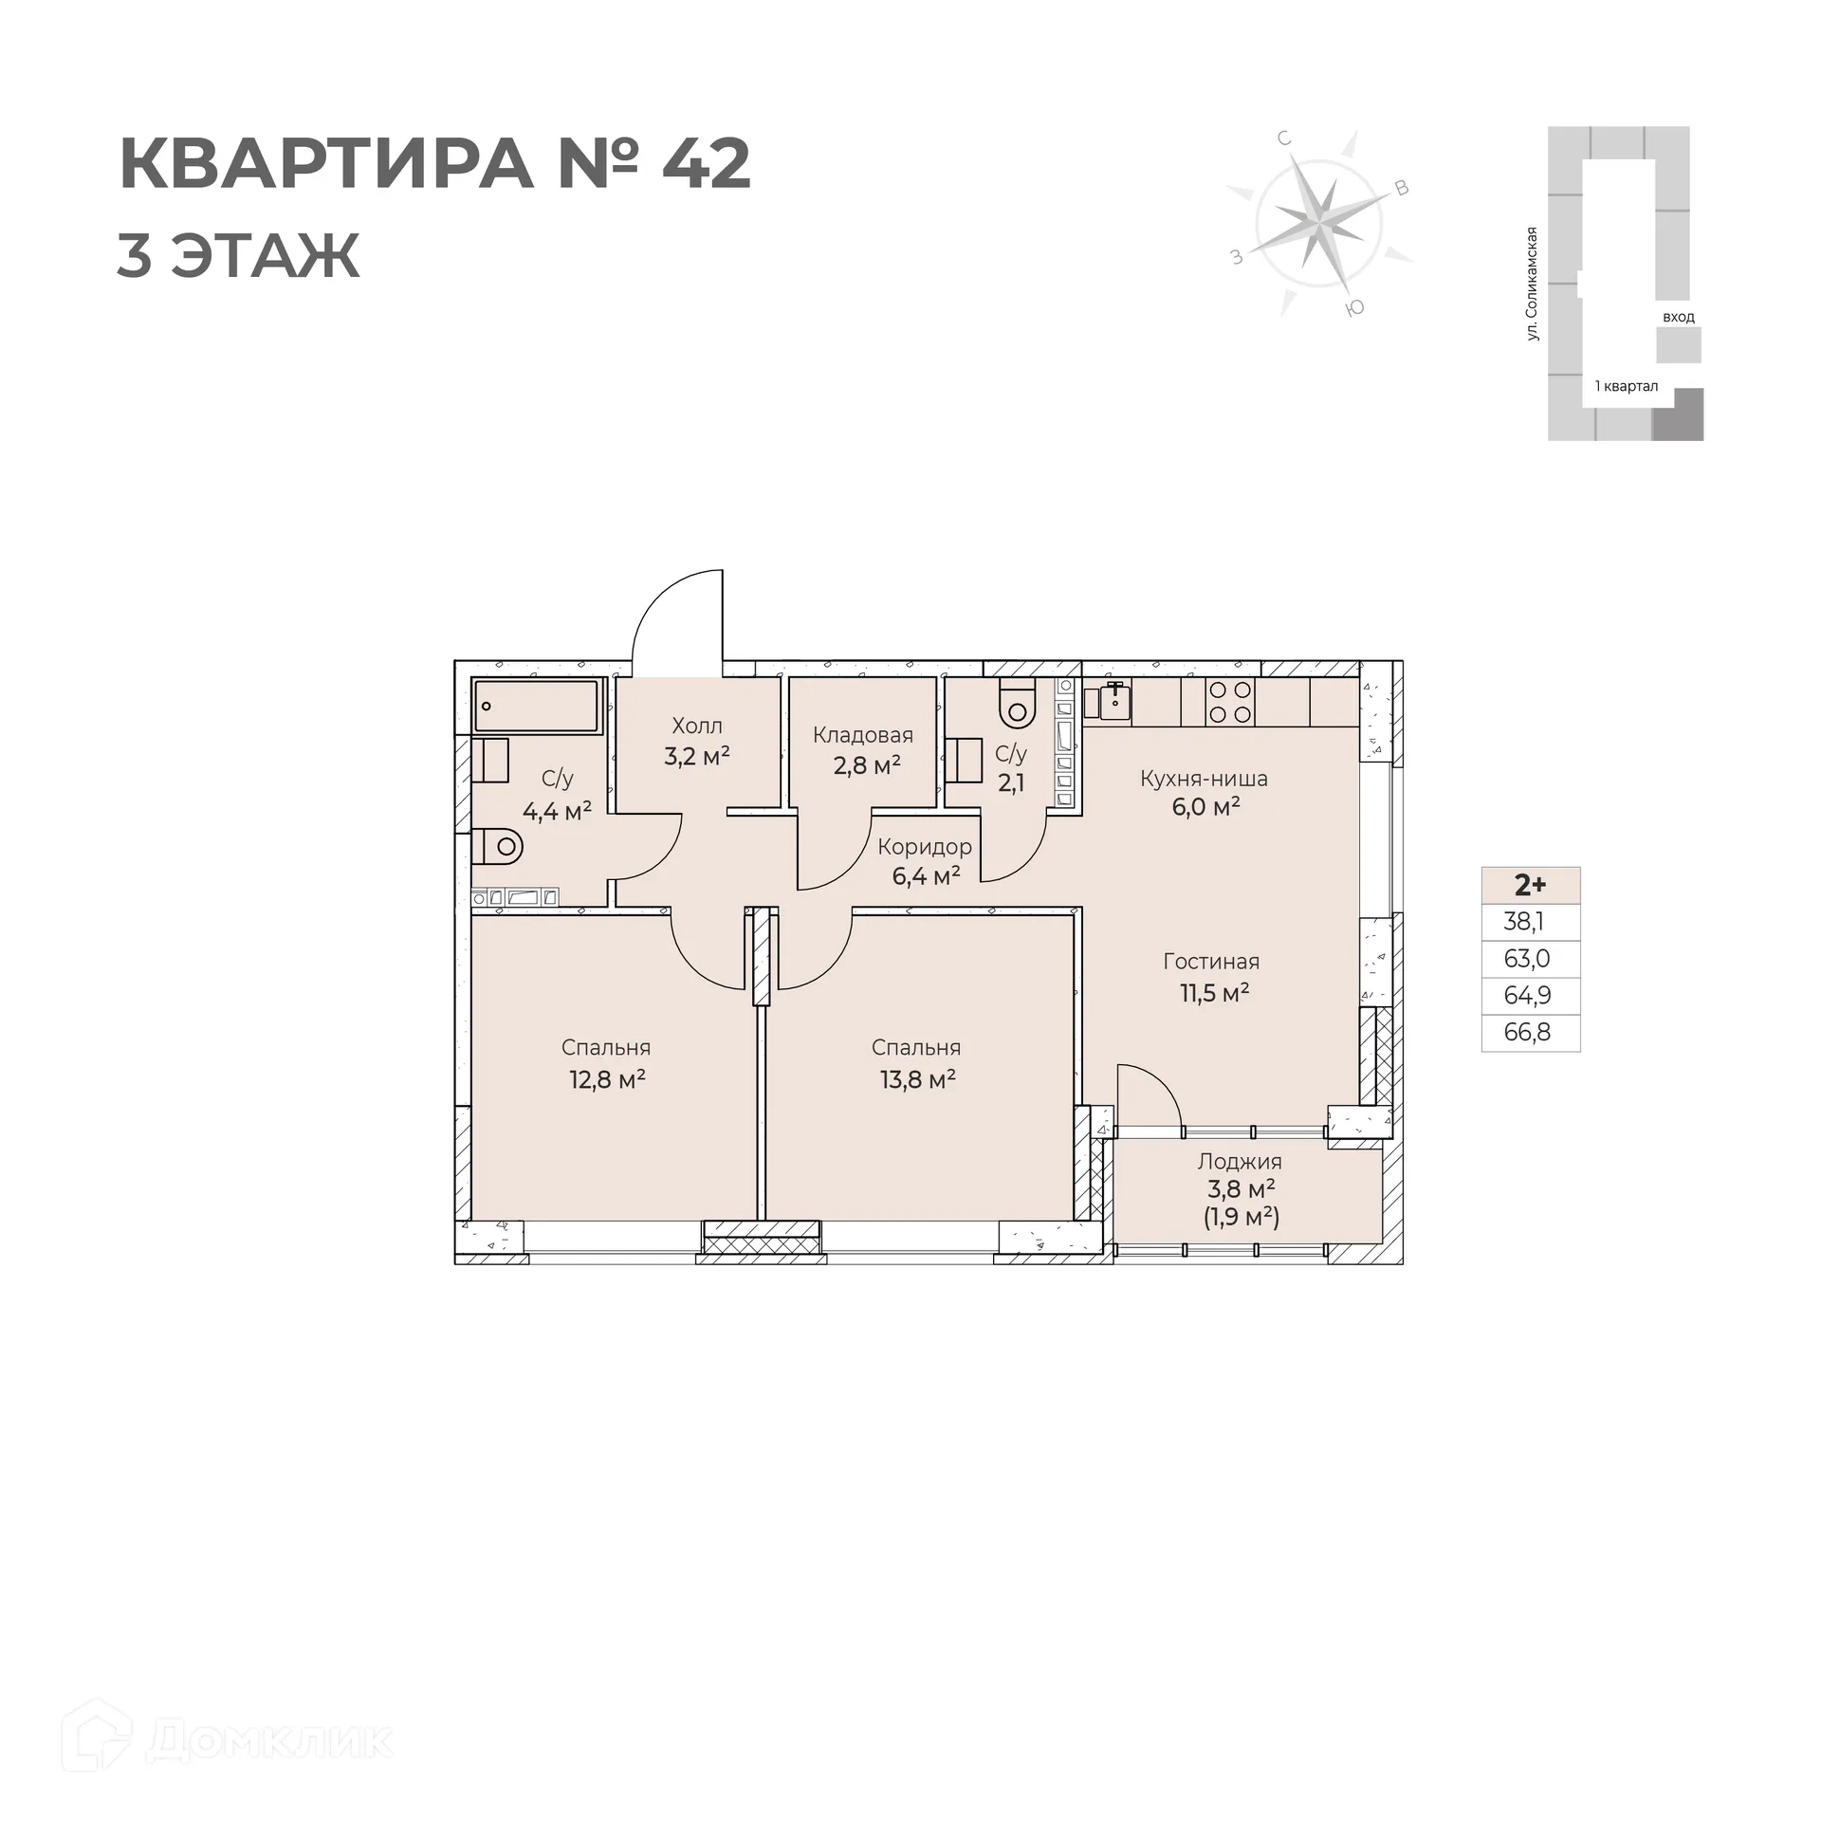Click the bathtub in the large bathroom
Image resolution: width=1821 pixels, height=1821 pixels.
pos(538,706)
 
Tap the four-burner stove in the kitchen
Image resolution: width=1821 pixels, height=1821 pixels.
pos(1230,703)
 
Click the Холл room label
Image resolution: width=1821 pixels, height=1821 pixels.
pos(697,726)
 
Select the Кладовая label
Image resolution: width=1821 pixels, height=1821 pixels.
pos(863,735)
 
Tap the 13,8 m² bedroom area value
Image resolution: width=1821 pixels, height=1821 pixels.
pos(917,1079)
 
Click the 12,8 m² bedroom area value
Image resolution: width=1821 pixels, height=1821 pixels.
pos(607,1079)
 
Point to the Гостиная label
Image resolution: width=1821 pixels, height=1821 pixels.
pos(1211,962)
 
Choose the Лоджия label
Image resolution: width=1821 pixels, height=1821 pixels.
pos(1240,1161)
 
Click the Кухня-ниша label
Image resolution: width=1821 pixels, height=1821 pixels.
pos(1204,779)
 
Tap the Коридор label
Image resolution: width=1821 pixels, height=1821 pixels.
pos(925,847)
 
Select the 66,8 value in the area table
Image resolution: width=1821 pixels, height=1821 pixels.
pos(1527,1032)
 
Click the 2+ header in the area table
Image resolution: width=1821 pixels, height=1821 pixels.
pos(1530,885)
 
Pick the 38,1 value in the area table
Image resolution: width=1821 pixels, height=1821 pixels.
pos(1523,921)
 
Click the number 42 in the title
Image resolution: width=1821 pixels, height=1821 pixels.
pos(706,164)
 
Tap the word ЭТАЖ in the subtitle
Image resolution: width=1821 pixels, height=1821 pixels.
pos(267,255)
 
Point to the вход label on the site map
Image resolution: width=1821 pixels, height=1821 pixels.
pos(1678,317)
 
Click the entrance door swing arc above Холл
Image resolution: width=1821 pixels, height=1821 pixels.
pos(664,607)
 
